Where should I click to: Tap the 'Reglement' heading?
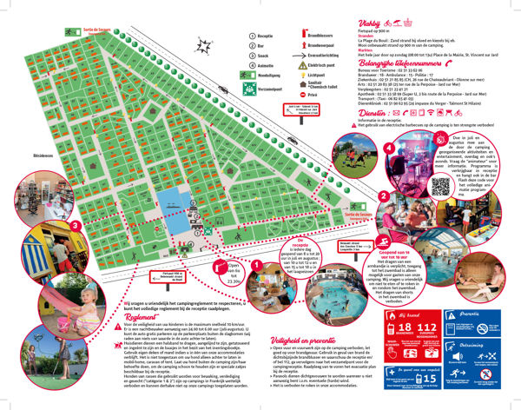click(x=131, y=318)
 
